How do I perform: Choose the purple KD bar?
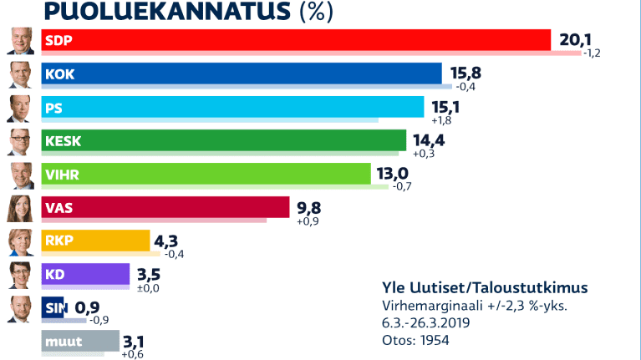(85, 275)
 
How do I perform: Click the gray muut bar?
(79, 341)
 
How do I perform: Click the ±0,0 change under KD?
(147, 288)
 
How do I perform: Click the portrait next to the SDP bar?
(21, 41)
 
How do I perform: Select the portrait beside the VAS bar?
(21, 208)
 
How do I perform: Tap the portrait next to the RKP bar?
(21, 241)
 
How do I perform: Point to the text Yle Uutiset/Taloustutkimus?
(484, 287)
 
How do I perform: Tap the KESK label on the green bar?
(64, 141)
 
